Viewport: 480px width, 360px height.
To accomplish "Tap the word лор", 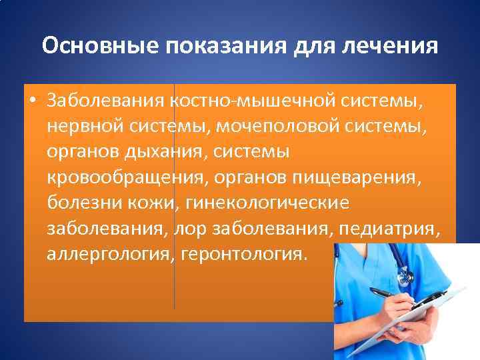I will tap(189, 229).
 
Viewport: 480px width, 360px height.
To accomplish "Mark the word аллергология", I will tap(109, 254).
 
